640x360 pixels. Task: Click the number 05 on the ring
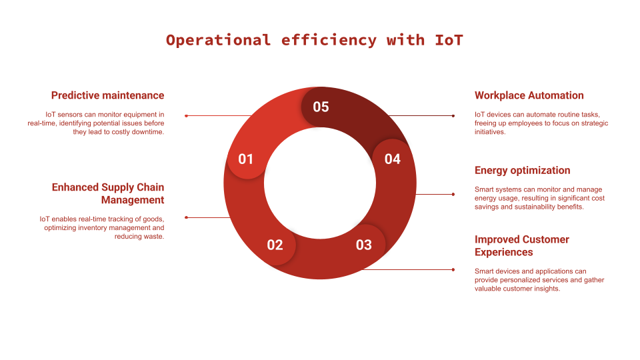click(321, 107)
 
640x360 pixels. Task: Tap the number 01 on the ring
click(246, 159)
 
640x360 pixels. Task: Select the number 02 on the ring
click(275, 245)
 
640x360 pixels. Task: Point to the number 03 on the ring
click(364, 245)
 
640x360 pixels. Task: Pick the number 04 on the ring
click(393, 159)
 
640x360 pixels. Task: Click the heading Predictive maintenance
click(108, 95)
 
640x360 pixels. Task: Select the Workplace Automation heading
click(529, 95)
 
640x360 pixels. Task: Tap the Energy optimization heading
click(523, 171)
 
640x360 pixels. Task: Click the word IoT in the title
click(449, 41)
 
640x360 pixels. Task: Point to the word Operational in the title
click(218, 41)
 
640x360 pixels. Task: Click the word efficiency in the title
click(329, 41)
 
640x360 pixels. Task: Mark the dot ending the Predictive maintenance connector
click(186, 116)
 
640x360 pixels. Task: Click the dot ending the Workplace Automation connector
click(453, 116)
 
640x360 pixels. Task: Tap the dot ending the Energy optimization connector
click(453, 194)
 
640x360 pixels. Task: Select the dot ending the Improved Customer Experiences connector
click(453, 270)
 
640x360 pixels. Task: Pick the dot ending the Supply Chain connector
click(186, 217)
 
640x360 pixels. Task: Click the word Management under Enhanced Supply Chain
click(133, 200)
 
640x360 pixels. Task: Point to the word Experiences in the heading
click(504, 252)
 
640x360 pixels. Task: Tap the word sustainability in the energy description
click(549, 207)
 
